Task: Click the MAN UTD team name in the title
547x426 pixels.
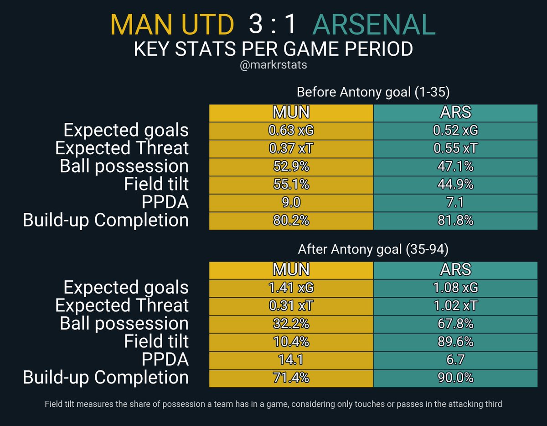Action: tap(172, 25)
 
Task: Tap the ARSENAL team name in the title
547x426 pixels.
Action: tap(374, 25)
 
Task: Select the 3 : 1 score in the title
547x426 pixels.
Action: tap(273, 25)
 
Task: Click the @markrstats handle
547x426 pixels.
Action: tap(273, 65)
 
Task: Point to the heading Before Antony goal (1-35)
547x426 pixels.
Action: tap(373, 92)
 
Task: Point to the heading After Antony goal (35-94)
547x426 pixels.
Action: tap(373, 249)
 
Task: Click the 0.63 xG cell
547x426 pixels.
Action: tap(291, 131)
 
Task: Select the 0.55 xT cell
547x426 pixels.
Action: tap(455, 148)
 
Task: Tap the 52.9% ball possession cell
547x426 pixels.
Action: tap(291, 167)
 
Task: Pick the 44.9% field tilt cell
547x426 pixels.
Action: tap(455, 184)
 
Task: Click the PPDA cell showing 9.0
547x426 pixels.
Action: tap(291, 202)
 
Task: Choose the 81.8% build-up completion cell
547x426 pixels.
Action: tap(455, 221)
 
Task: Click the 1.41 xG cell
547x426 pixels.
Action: tap(291, 288)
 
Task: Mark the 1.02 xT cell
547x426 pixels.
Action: tap(455, 305)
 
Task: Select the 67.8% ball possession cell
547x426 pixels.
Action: tap(455, 324)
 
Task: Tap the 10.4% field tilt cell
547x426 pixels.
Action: tap(291, 342)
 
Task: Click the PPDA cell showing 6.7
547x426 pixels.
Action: tap(455, 359)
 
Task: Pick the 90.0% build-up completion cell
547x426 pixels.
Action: tap(455, 378)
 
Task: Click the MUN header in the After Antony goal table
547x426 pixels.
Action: tap(291, 270)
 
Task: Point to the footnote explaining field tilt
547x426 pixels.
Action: tap(273, 404)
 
